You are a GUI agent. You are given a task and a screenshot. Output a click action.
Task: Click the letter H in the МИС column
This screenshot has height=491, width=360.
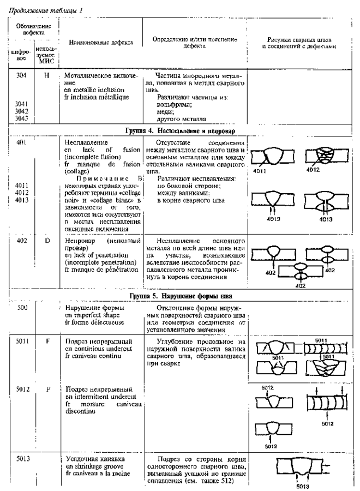point(46,74)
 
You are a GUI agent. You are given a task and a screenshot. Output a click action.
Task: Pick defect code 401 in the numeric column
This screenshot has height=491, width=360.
point(21,141)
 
